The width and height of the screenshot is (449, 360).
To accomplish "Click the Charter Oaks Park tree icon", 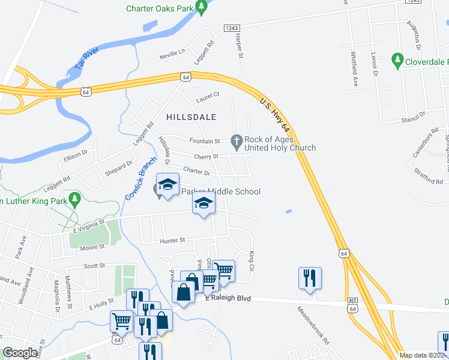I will coord(202,8).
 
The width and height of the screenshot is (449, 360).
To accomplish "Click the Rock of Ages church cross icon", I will coord(237,142).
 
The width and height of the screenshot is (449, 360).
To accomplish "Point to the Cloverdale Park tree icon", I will coord(397,61).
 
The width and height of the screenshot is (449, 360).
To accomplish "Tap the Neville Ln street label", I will coord(172,56).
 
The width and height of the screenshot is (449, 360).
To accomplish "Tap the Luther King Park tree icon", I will coord(74,198).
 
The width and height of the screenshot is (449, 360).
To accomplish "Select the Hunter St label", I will coord(173,241).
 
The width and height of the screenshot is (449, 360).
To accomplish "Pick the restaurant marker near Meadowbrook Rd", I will coord(310,278).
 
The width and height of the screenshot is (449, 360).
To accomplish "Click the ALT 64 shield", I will coord(352,305).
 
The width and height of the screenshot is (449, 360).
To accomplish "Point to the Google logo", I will coord(20,353).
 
